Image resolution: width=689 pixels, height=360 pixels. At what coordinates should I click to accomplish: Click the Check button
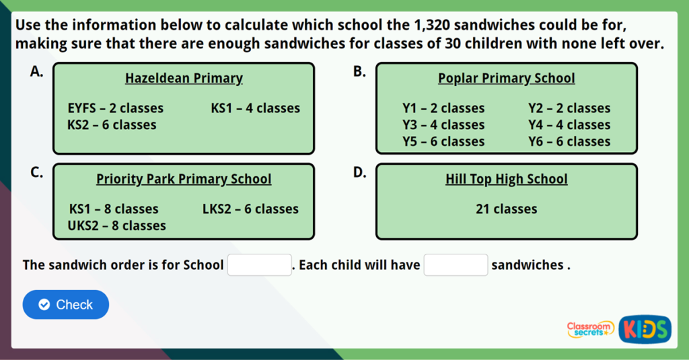(66, 305)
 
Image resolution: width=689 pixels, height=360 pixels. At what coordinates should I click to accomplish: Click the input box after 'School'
(260, 265)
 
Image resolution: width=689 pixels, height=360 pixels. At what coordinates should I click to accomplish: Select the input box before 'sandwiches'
(456, 265)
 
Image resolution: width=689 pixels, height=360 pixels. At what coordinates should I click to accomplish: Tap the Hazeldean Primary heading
(184, 79)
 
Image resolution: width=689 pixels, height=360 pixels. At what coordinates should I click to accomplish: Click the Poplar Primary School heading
(506, 79)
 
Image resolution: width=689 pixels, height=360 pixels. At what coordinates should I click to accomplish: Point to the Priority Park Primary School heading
(184, 180)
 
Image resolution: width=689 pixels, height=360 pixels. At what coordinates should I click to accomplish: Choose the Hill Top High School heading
(506, 180)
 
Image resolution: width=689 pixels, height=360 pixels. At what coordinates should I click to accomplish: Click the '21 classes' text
(506, 209)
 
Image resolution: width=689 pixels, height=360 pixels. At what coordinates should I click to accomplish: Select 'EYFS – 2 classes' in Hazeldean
(115, 108)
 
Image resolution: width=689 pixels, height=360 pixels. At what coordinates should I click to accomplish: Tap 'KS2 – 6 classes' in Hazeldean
(112, 125)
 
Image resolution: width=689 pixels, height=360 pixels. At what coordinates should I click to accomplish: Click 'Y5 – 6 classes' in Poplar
(443, 142)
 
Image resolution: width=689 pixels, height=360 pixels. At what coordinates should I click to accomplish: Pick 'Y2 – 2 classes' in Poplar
(569, 108)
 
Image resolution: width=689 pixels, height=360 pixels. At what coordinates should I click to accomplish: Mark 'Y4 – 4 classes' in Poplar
(569, 125)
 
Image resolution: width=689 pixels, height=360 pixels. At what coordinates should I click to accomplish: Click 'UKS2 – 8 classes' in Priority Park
(116, 226)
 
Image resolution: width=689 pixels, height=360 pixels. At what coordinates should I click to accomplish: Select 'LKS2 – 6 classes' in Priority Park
(250, 209)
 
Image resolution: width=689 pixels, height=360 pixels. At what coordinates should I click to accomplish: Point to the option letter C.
(36, 173)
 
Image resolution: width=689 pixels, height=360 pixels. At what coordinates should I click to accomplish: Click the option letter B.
(359, 72)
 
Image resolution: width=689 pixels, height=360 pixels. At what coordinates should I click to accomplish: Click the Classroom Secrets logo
(590, 329)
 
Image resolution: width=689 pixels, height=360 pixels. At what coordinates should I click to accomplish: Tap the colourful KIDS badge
(645, 329)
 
